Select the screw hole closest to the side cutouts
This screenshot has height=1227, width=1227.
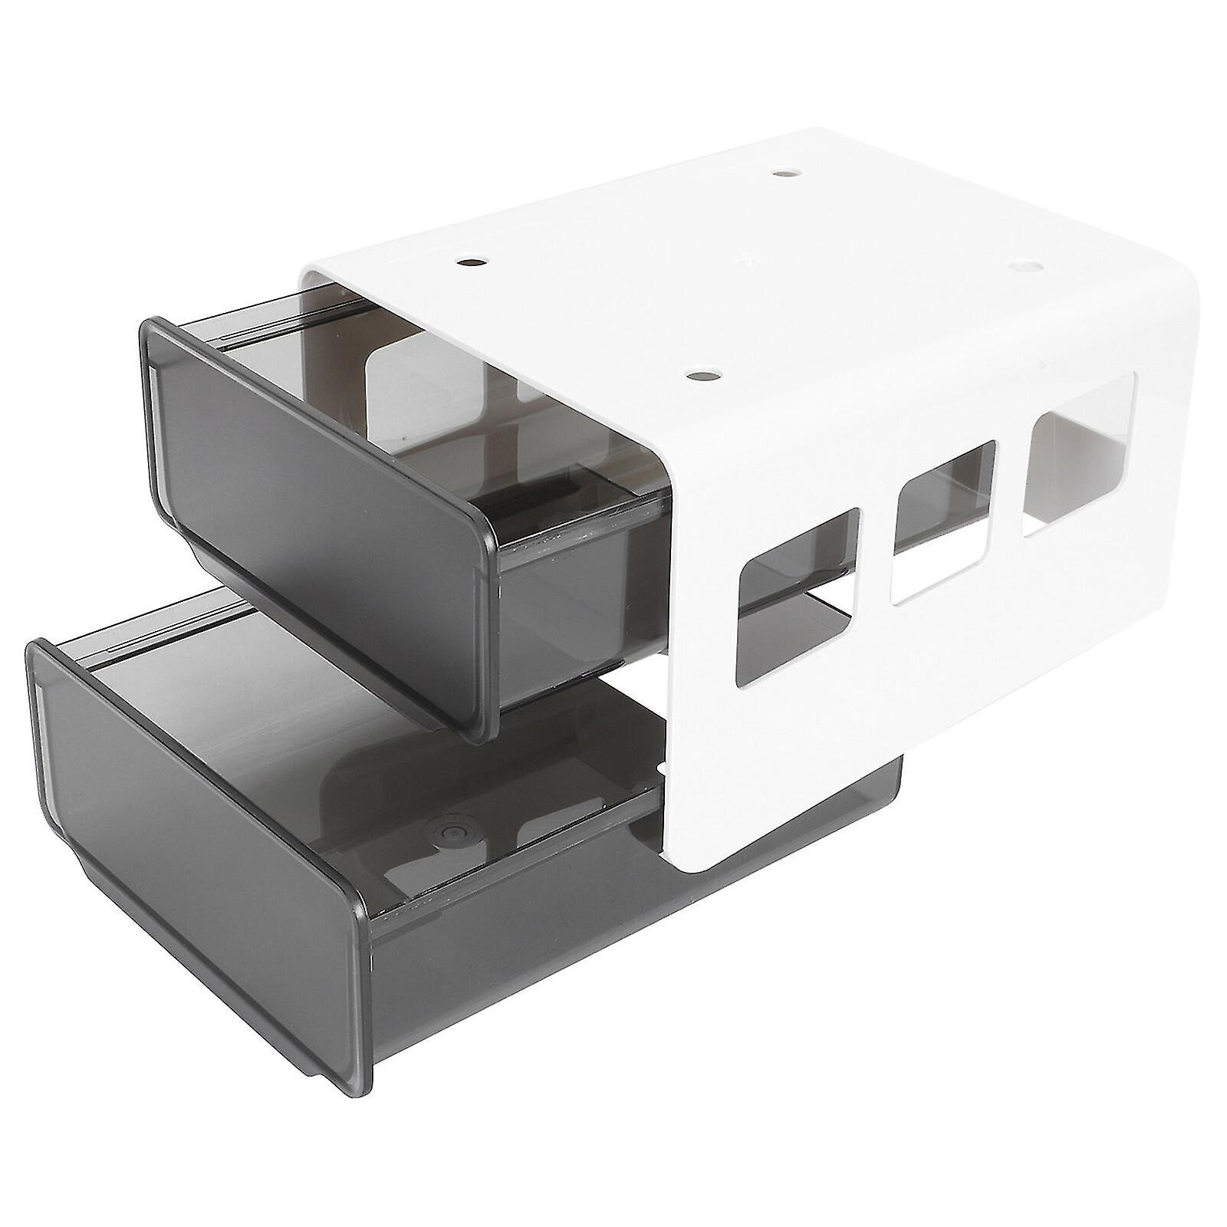tap(702, 375)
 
